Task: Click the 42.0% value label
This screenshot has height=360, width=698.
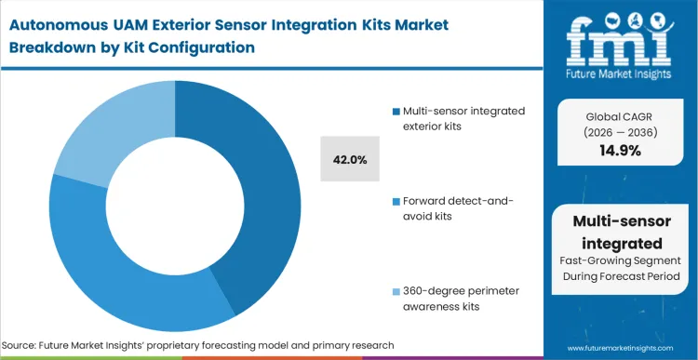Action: [349, 160]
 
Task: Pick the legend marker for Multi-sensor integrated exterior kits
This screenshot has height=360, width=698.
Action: [397, 112]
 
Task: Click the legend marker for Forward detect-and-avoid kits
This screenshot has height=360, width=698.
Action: [397, 201]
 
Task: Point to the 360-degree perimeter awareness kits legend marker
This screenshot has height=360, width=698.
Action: [397, 290]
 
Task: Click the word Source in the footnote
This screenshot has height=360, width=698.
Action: [24, 345]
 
